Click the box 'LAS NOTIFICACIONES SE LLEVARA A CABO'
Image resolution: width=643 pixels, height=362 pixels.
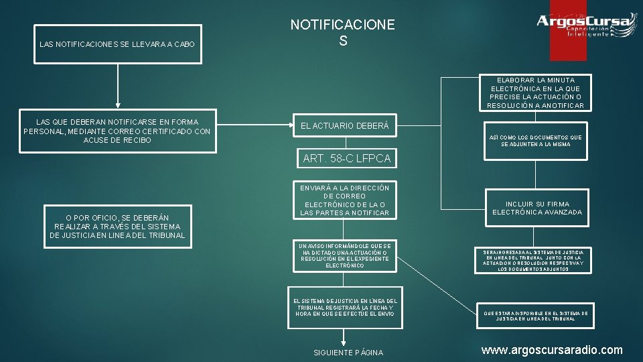(x=117, y=44)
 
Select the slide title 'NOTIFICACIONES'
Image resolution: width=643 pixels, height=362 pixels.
(x=342, y=33)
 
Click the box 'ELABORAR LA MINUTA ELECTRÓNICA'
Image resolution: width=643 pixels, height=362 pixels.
(x=535, y=93)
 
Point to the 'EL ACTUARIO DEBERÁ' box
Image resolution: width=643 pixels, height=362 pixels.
(x=346, y=125)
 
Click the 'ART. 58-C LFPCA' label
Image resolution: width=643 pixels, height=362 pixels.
(x=346, y=159)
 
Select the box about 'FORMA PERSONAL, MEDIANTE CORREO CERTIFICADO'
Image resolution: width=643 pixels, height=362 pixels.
(x=117, y=131)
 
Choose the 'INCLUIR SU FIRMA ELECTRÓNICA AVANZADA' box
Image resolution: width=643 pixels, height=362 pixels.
(x=537, y=208)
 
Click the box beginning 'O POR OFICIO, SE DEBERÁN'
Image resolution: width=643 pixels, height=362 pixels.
(x=117, y=227)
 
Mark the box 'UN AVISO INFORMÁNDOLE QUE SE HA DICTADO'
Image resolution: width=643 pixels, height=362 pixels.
(x=345, y=255)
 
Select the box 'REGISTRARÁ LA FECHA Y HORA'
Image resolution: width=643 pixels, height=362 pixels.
(x=345, y=308)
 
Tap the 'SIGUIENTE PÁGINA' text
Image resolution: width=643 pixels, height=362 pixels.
(x=348, y=353)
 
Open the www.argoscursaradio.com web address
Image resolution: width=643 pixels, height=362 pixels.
(x=552, y=349)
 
